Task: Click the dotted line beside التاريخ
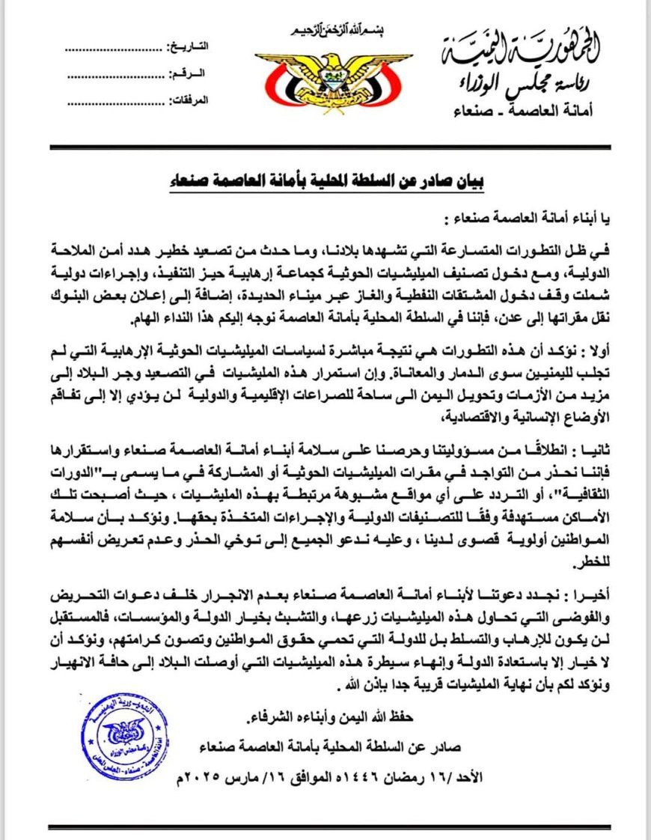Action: tap(112, 48)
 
